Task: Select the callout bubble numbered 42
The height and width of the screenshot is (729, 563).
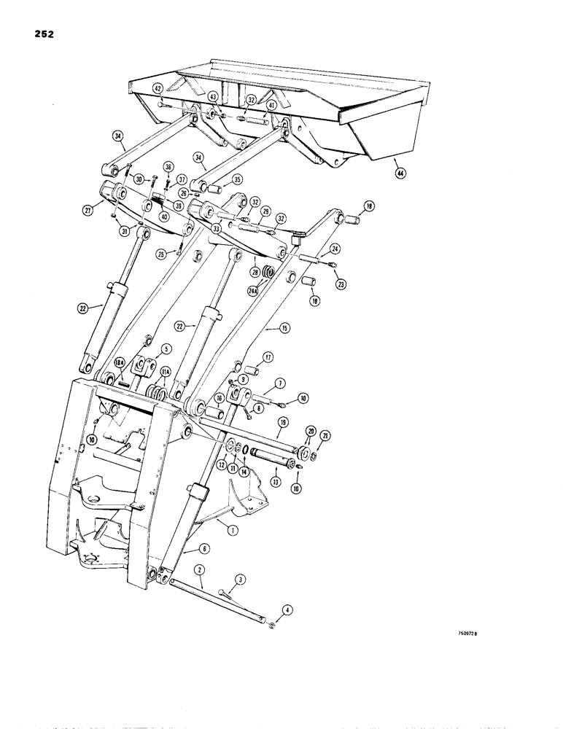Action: coord(158,89)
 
